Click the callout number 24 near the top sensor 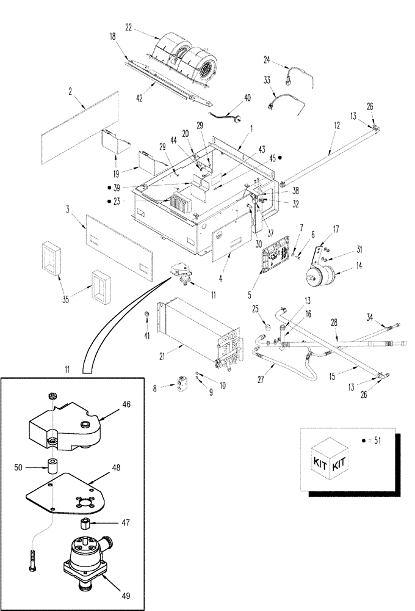point(267,59)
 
